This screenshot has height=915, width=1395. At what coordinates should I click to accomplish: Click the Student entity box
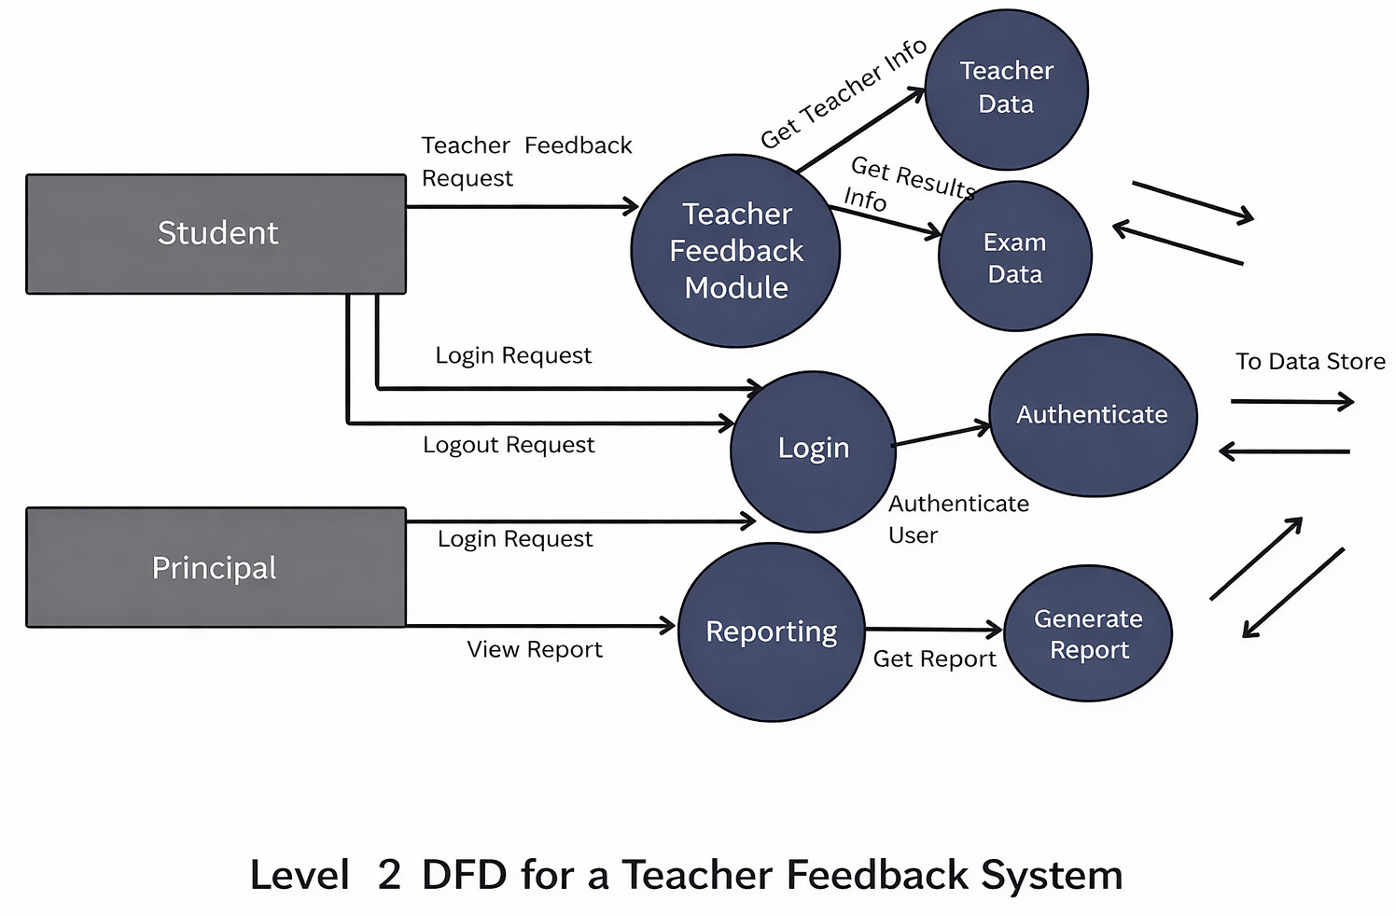216,234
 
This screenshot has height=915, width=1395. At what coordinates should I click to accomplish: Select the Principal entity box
216,567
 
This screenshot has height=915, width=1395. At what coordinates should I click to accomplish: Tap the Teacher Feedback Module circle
735,251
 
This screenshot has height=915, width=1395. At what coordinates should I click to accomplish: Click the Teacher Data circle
1006,89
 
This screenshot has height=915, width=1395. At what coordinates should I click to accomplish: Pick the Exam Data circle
1014,257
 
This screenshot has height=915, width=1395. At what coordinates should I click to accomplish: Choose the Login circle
813,451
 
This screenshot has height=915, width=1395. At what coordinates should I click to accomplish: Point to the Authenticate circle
1092,415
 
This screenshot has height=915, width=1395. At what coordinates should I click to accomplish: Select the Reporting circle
771,631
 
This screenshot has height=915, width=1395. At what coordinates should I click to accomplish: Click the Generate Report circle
1088,633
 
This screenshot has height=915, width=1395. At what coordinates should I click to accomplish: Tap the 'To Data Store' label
1309,362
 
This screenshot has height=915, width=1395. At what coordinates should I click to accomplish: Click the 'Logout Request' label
509,445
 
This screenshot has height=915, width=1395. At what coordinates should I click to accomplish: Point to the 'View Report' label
535,649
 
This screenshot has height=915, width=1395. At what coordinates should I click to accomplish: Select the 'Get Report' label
934,659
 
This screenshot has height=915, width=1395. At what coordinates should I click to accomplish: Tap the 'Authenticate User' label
957,519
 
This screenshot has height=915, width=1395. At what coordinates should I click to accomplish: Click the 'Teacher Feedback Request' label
526,161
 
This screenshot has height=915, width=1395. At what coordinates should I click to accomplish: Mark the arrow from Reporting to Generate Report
933,631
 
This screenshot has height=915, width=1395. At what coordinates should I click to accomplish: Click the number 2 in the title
389,875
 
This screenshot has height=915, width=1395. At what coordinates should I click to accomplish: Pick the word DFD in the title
465,875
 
